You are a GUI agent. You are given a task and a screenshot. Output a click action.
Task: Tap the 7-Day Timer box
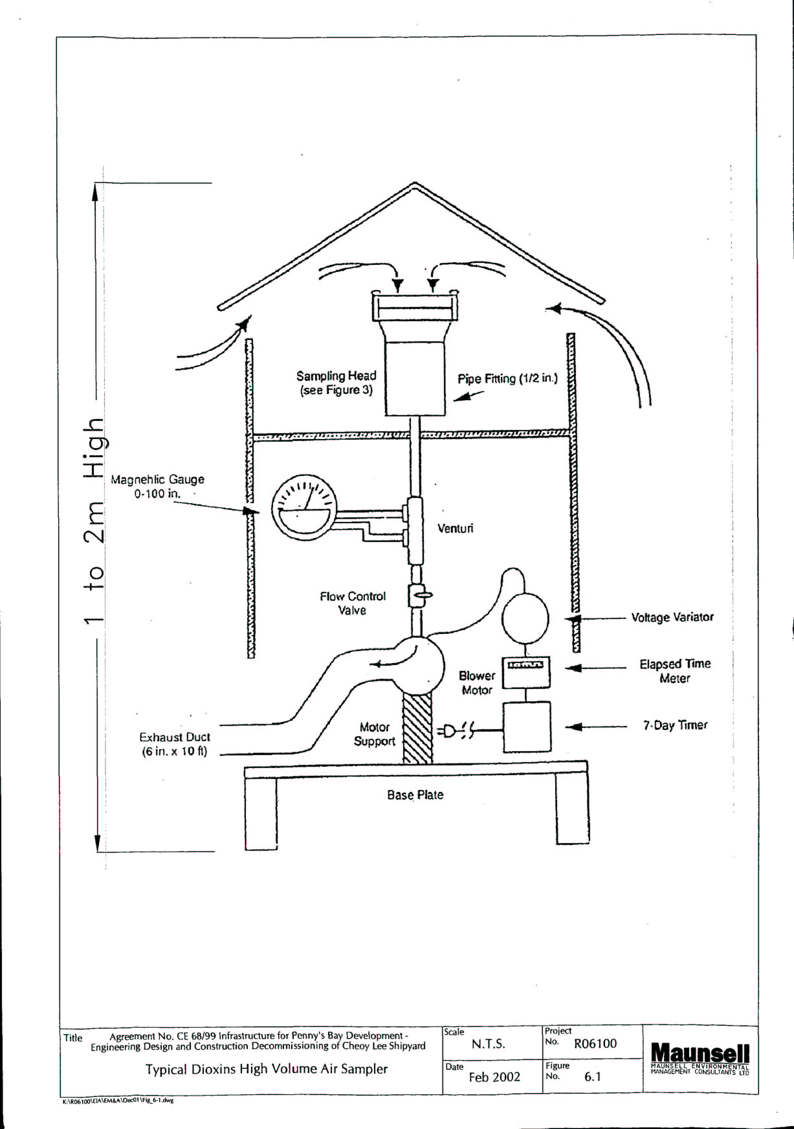coord(526,726)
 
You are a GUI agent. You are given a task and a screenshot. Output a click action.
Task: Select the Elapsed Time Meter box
coord(525,672)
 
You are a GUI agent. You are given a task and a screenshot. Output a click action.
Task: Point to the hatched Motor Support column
coord(418,728)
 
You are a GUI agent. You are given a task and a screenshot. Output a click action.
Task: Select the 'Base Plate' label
coord(415,795)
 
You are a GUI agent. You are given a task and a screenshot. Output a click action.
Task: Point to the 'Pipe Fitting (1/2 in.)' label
coord(508,378)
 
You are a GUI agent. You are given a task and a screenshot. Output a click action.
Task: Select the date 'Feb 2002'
coord(494,1078)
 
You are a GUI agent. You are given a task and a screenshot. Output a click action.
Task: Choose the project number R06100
coord(595,1044)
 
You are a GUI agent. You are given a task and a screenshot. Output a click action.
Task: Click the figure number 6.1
coord(592,1077)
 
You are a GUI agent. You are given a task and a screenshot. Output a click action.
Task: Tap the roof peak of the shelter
coord(414,185)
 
